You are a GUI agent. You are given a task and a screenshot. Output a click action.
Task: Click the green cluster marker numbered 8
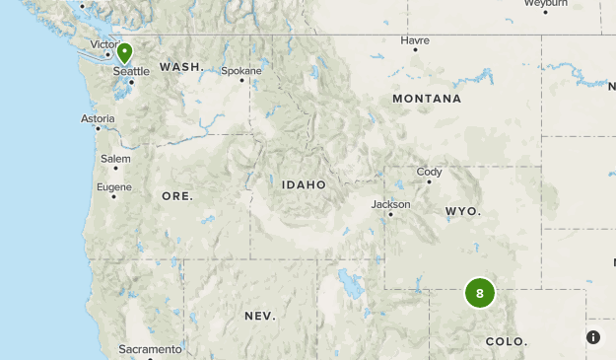click(480, 293)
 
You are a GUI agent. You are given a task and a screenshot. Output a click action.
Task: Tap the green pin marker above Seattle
click(124, 52)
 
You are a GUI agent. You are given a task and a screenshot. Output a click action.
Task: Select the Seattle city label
click(131, 71)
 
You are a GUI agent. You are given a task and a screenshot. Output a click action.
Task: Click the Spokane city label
click(241, 71)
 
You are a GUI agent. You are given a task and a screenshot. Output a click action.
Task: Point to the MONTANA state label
click(427, 99)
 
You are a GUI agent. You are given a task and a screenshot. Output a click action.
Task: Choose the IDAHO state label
click(304, 184)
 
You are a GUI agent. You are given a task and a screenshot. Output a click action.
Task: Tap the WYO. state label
click(462, 211)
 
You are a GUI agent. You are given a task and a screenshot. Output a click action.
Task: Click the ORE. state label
click(177, 196)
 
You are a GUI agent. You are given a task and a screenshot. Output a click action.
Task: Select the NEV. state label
click(260, 316)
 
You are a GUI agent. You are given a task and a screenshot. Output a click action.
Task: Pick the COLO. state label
click(507, 341)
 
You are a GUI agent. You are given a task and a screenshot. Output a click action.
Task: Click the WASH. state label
click(181, 67)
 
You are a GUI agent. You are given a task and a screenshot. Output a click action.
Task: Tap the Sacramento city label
click(150, 349)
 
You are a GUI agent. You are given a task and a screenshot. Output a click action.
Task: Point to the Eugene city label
click(113, 186)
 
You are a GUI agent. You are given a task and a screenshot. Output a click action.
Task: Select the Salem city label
click(115, 158)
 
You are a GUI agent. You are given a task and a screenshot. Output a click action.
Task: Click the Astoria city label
click(98, 118)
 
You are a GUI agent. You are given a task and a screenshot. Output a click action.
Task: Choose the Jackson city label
click(390, 204)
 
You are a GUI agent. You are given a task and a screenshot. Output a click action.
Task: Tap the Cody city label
click(430, 172)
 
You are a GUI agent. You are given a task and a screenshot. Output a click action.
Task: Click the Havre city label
click(415, 40)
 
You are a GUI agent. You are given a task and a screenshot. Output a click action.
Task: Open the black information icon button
click(593, 337)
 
